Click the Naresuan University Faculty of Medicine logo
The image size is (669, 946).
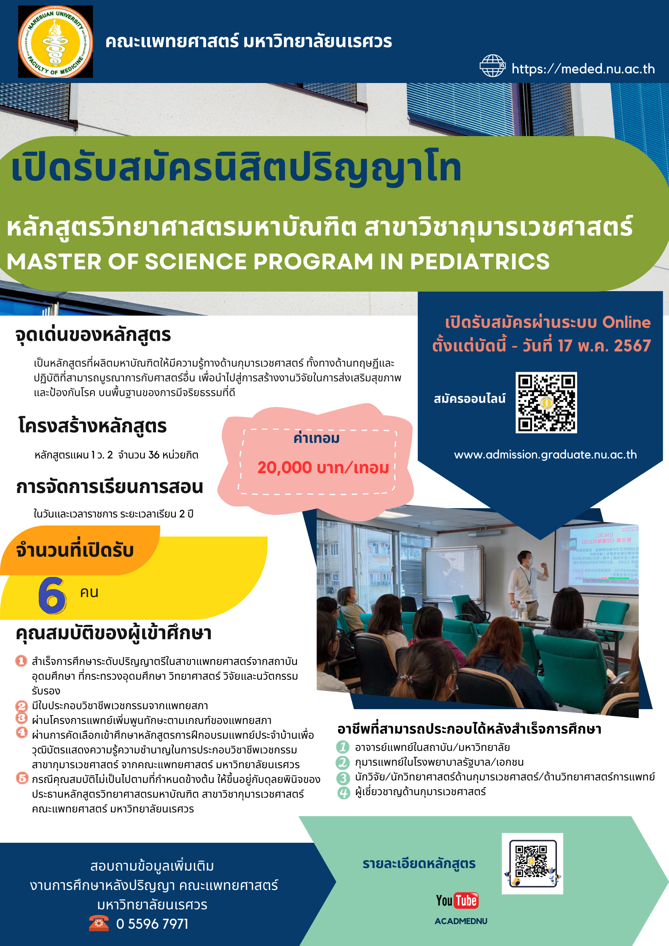(x=55, y=42)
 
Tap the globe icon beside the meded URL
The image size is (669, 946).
(x=492, y=66)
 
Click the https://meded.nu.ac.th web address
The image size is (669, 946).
(x=583, y=69)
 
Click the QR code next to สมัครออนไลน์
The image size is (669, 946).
(x=546, y=402)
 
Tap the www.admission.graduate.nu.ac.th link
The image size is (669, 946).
(x=545, y=455)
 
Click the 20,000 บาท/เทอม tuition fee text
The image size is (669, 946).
(x=323, y=468)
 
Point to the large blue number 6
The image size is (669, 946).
(x=52, y=595)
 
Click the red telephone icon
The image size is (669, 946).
(x=99, y=923)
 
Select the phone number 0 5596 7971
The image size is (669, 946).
(x=152, y=924)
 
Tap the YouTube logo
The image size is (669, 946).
(x=457, y=900)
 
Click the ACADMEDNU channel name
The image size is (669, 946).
(x=461, y=921)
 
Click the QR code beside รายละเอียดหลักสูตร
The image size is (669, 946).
(x=532, y=864)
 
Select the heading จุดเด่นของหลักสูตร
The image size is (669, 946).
(x=93, y=335)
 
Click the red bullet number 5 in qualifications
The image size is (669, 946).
(x=22, y=778)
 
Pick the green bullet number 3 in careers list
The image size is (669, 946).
(x=344, y=778)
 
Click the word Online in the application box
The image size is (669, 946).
(x=626, y=322)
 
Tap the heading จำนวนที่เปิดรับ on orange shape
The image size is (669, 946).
(x=75, y=550)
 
